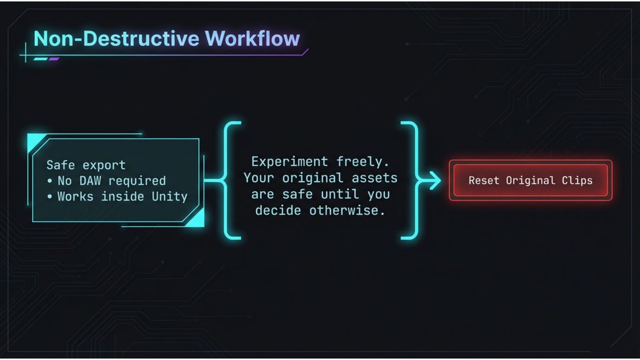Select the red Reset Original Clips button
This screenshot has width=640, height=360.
coord(530,180)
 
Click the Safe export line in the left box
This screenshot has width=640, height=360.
coord(86,165)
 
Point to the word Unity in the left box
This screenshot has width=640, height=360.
coord(170,196)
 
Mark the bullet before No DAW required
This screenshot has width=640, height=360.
coord(50,181)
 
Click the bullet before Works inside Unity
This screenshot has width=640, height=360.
coord(50,196)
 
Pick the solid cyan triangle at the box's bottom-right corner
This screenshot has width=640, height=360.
coord(196,217)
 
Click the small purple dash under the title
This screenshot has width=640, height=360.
coord(53,59)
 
